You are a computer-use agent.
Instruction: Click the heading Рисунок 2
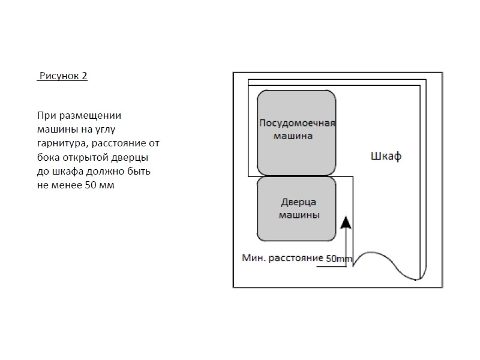pos(63,76)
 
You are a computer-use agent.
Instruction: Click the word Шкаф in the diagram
pos(385,157)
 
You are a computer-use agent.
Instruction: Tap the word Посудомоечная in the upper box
pos(296,123)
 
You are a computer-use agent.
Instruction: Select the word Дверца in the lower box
pos(298,202)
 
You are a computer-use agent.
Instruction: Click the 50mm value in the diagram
pos(340,259)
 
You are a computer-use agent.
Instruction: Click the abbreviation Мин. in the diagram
pos(253,259)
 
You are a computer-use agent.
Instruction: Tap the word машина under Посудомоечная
pos(293,136)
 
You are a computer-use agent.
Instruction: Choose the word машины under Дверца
pos(298,214)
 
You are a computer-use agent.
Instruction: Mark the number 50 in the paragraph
pos(90,185)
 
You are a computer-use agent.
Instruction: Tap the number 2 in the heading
pos(85,76)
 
